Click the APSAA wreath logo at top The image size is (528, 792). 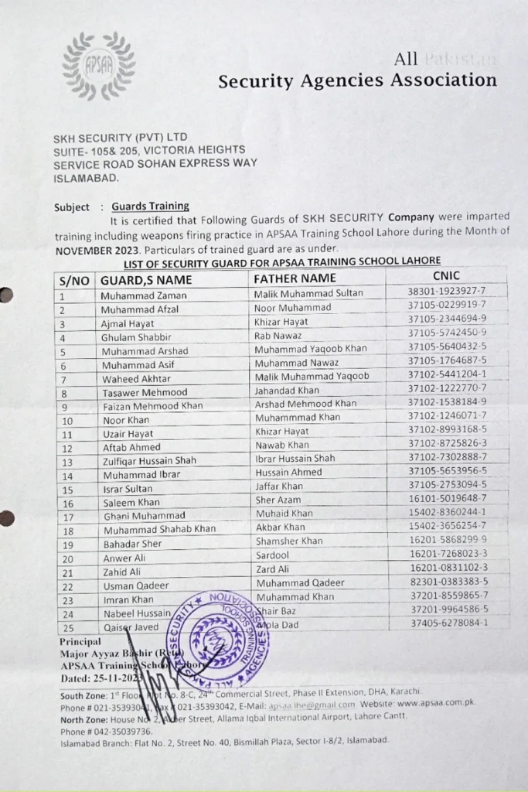[98, 66]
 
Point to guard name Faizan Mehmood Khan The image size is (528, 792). [152, 406]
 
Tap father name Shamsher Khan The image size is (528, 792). [289, 541]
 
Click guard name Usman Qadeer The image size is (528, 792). [134, 585]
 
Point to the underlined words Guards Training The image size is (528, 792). [150, 207]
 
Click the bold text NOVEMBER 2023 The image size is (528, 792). [97, 251]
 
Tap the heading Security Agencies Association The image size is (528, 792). [357, 80]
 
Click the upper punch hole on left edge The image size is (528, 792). [5, 295]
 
